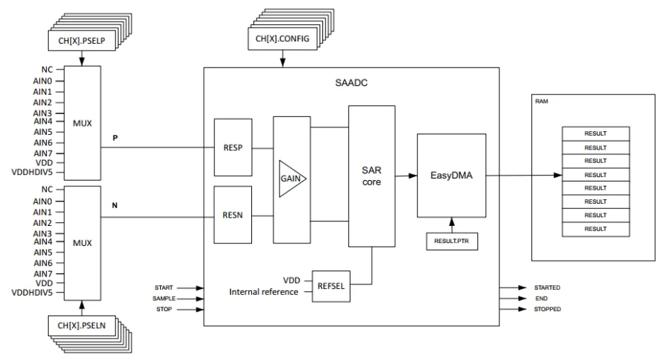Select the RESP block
pyautogui.click(x=232, y=147)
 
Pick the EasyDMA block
pyautogui.click(x=451, y=175)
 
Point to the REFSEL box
pyautogui.click(x=329, y=286)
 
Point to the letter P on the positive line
pyautogui.click(x=114, y=138)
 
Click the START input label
pyautogui.click(x=165, y=287)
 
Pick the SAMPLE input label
pyautogui.click(x=163, y=298)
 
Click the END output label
pyautogui.click(x=542, y=298)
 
